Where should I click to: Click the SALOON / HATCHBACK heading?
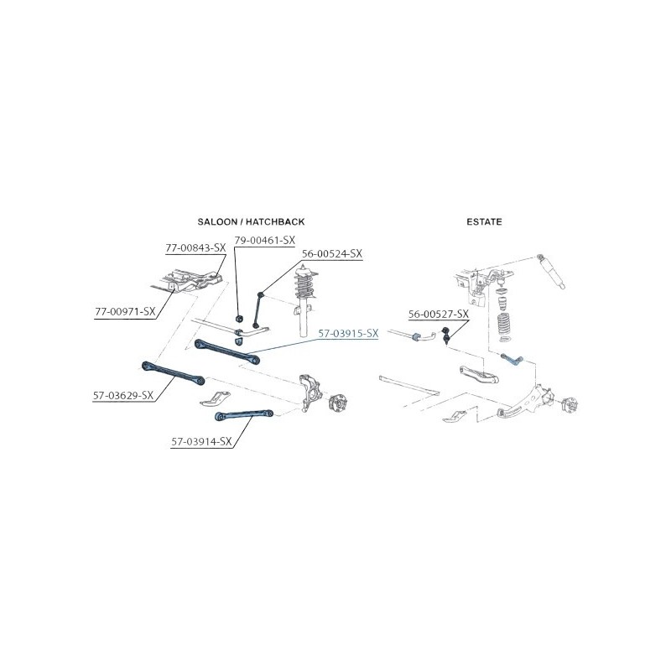click(251, 221)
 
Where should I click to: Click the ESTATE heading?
click(484, 221)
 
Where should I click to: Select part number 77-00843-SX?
click(195, 247)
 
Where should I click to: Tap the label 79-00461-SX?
click(265, 241)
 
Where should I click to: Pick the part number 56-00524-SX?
click(332, 253)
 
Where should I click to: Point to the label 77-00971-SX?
click(125, 311)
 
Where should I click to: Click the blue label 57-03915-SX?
click(348, 333)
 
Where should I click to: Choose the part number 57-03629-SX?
click(123, 395)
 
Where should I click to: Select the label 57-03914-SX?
click(201, 441)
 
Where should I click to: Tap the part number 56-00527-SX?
click(439, 314)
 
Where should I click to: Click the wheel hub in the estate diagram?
click(569, 404)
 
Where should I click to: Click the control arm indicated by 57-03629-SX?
click(173, 372)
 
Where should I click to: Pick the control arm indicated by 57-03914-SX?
click(243, 414)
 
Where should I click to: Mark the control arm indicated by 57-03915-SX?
click(226, 351)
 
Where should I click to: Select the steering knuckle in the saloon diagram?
click(310, 392)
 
